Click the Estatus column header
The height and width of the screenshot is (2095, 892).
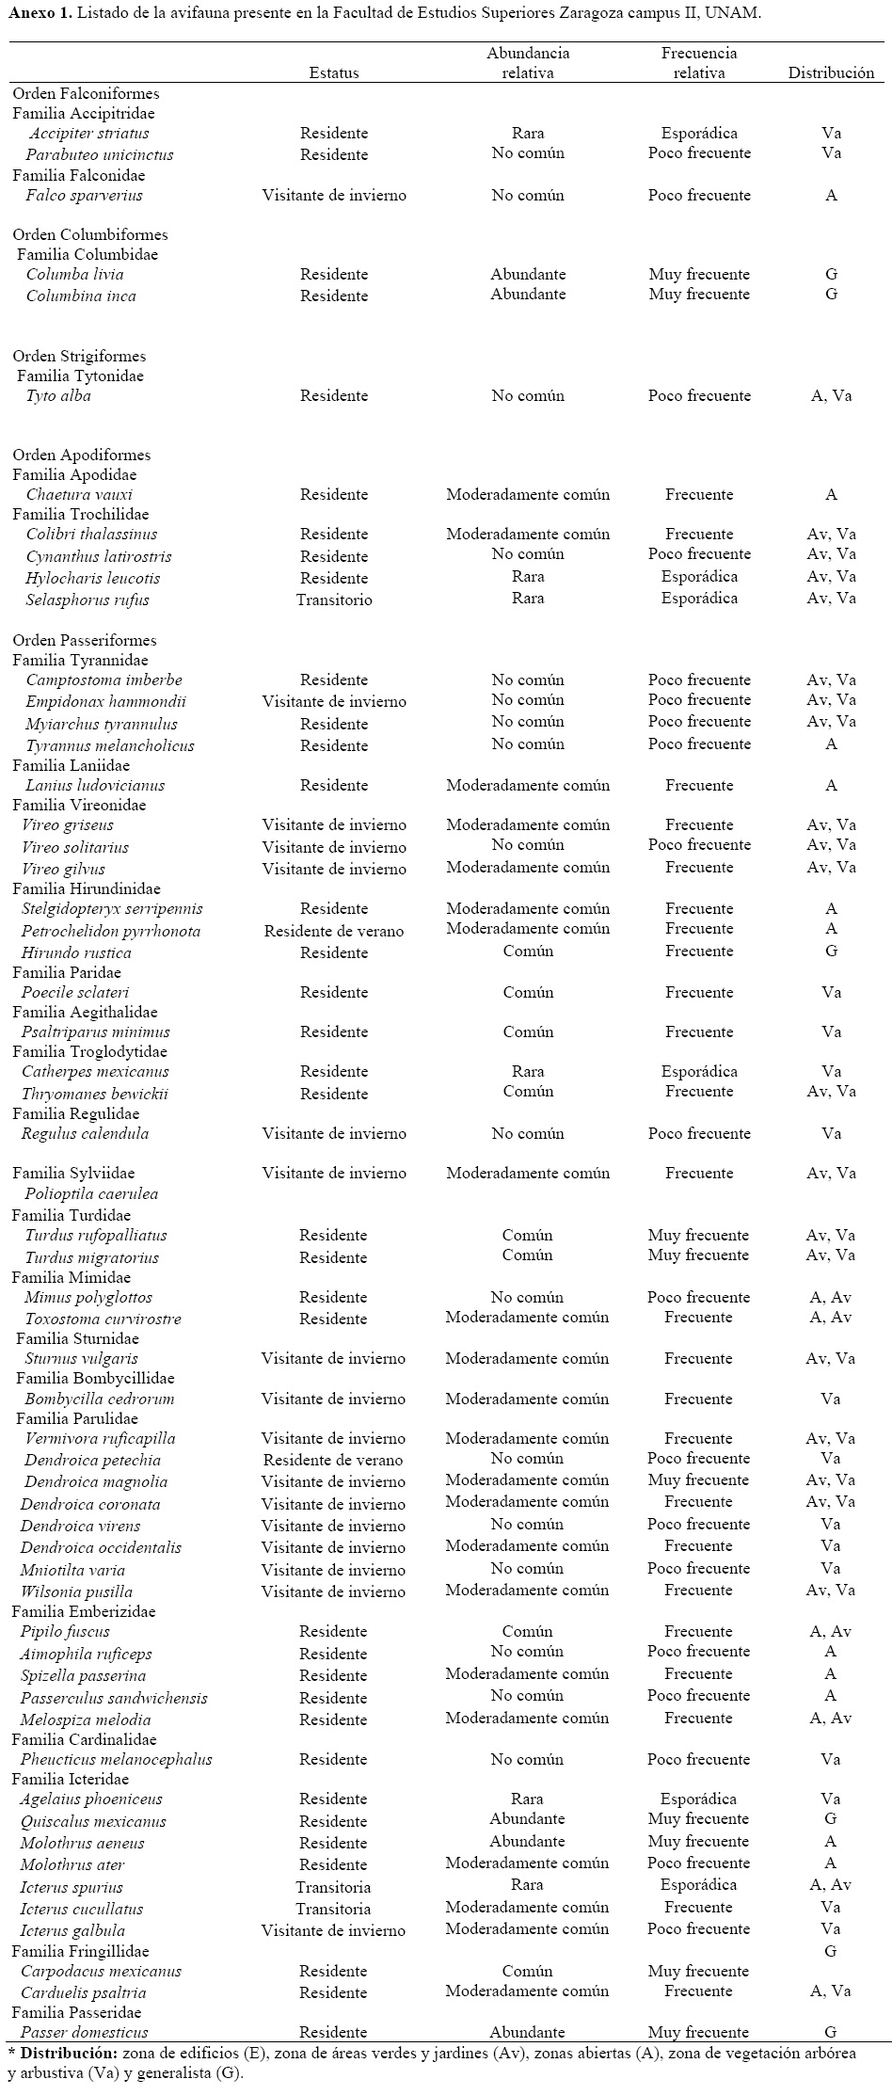click(334, 72)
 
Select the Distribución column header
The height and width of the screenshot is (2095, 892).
click(831, 72)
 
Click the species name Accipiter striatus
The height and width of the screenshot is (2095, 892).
click(88, 134)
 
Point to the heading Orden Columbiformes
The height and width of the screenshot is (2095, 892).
click(77, 234)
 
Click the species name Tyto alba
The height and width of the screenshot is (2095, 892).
click(58, 396)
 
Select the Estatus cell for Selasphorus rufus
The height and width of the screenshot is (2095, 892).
click(334, 600)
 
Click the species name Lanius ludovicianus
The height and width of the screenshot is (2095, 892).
click(95, 786)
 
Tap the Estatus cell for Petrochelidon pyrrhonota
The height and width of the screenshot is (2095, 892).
click(334, 932)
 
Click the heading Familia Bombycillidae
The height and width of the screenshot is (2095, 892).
click(95, 1379)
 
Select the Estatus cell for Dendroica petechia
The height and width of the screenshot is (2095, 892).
click(333, 1461)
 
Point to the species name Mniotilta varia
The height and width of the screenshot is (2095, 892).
click(72, 1570)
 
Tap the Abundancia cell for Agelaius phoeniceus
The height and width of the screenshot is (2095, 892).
click(528, 1799)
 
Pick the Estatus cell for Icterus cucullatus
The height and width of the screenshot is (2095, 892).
click(333, 1909)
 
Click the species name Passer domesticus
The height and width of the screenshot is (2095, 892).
click(84, 2032)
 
